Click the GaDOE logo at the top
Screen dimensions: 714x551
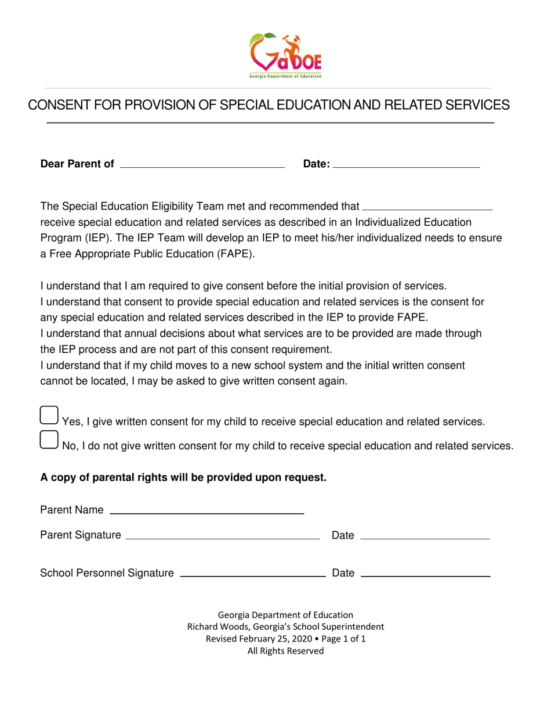tap(285, 56)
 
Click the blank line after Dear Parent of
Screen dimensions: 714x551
tap(201, 164)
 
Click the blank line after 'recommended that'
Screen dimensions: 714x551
tap(426, 205)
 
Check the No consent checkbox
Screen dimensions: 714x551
tap(49, 440)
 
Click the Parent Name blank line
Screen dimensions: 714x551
tap(206, 510)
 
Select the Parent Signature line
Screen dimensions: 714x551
tap(222, 535)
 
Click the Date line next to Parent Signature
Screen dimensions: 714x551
tap(425, 535)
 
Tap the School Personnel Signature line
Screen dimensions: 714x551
tap(253, 574)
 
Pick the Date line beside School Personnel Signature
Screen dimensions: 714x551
tap(425, 574)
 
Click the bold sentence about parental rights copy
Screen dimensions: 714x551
tap(183, 478)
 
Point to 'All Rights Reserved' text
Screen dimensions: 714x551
tap(285, 651)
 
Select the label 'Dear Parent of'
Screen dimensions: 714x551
tap(77, 164)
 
